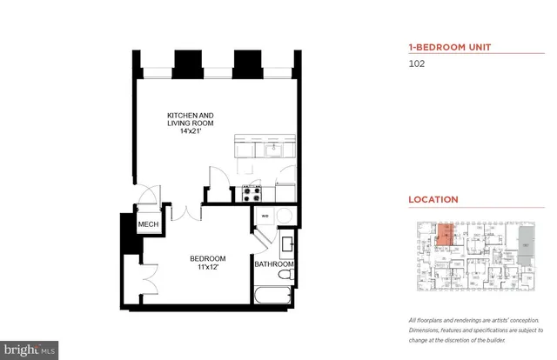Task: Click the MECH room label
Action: click(146, 225)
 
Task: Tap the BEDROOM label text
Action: click(209, 258)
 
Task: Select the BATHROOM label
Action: click(273, 264)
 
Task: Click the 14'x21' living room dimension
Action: click(191, 132)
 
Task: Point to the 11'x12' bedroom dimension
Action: click(209, 268)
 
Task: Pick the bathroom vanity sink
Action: click(285, 241)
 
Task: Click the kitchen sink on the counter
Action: click(272, 150)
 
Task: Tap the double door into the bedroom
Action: click(187, 212)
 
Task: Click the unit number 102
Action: click(419, 63)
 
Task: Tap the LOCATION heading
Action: click(433, 199)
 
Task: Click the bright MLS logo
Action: click(30, 351)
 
